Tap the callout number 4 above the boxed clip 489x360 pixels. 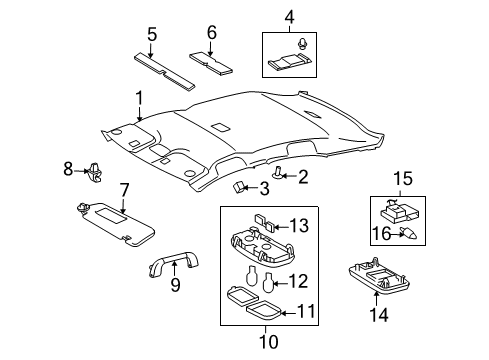tap(289, 16)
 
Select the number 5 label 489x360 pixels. tap(151, 33)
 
